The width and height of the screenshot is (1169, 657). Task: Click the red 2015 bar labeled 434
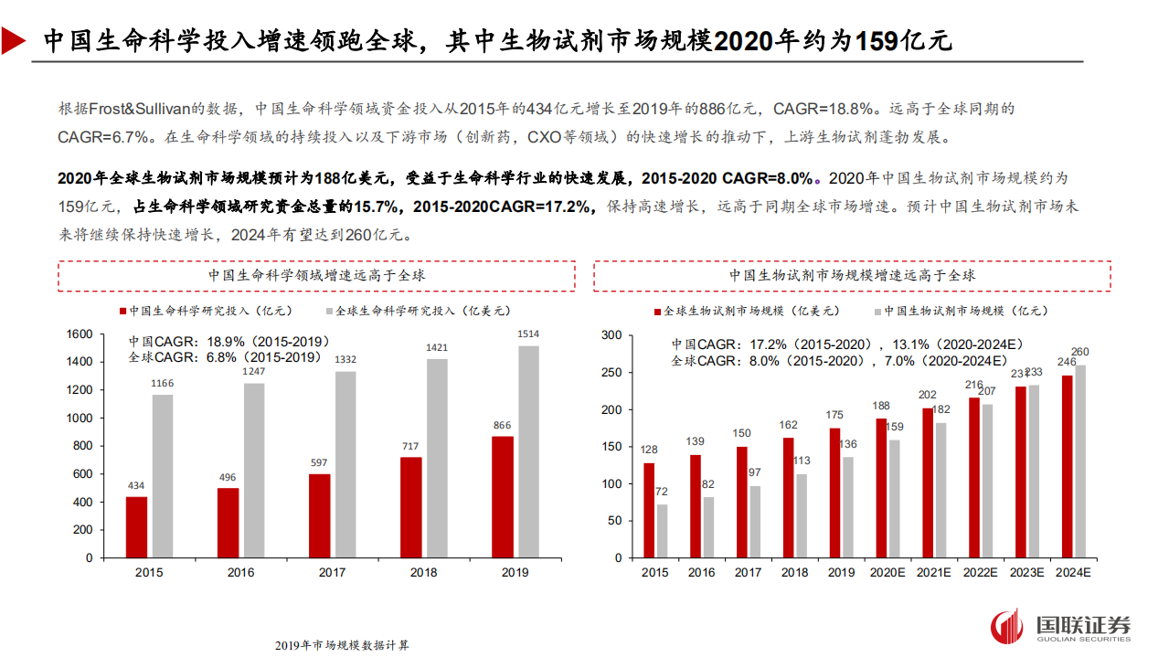click(136, 526)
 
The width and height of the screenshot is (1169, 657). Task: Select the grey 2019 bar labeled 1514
click(522, 451)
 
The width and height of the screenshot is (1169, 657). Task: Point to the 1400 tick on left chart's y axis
click(80, 362)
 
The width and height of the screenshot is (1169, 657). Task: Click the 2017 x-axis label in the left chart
click(333, 573)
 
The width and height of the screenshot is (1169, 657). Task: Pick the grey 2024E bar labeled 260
click(1080, 461)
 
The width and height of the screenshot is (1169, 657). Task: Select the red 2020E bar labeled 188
click(881, 488)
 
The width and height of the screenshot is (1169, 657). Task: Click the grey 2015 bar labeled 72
click(662, 531)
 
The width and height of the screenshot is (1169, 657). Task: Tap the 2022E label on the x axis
click(980, 573)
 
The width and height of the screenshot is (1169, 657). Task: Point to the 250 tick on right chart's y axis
click(611, 373)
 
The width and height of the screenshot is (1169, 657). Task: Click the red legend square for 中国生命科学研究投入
click(122, 311)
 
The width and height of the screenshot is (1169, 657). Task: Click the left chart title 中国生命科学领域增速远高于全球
click(316, 275)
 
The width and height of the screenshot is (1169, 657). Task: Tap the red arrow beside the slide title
click(14, 40)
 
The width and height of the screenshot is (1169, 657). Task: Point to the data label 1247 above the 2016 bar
click(253, 371)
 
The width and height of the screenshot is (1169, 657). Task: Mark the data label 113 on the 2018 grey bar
click(802, 461)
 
